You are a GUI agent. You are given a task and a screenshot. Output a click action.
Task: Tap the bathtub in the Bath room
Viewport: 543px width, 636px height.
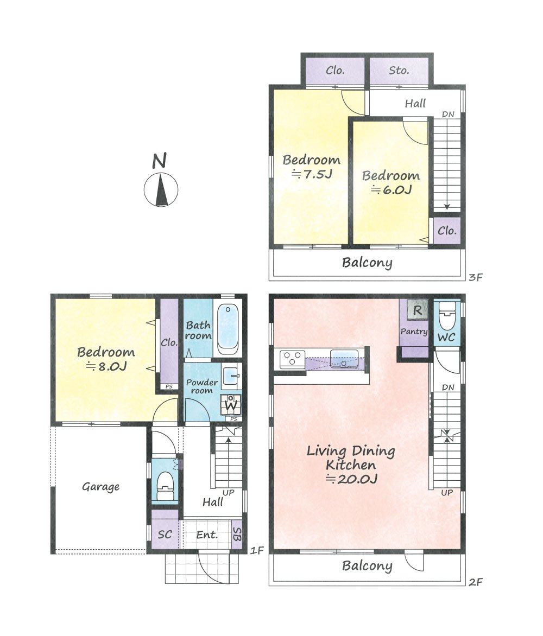[x=228, y=329]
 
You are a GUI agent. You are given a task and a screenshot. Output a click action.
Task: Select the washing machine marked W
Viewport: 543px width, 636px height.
[x=231, y=404]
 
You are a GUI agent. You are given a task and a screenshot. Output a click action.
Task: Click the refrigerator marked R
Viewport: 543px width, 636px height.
[x=417, y=310]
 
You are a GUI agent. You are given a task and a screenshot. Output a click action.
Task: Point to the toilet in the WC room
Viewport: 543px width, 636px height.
[x=446, y=316]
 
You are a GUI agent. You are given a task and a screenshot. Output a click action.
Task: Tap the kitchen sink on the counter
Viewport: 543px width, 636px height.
[x=344, y=359]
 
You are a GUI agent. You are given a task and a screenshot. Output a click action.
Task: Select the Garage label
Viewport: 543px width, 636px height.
[x=100, y=486]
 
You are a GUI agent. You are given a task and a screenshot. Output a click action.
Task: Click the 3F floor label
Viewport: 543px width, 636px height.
[x=476, y=277]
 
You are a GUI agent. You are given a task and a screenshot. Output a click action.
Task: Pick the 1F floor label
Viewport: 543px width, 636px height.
[x=257, y=550]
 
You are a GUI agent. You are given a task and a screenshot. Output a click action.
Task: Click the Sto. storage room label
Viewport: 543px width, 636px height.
[x=399, y=71]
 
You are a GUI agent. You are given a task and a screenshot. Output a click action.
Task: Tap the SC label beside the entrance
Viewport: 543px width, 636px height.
[x=165, y=534]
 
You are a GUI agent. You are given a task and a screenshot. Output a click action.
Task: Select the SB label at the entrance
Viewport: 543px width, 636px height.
[x=237, y=534]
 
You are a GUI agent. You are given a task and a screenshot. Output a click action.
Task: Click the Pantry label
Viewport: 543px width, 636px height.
[x=414, y=332]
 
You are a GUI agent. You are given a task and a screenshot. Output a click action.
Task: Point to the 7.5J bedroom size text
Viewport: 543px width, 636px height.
[x=312, y=174]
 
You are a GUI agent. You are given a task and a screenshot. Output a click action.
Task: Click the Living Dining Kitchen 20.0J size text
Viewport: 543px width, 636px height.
[x=351, y=479]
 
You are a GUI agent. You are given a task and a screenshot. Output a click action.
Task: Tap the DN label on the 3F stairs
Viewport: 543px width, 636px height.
[x=448, y=115]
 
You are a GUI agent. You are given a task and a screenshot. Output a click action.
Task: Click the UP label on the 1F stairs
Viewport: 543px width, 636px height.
[x=229, y=492]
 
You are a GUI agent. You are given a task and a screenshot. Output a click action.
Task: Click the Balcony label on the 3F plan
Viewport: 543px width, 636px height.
[x=367, y=263]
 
